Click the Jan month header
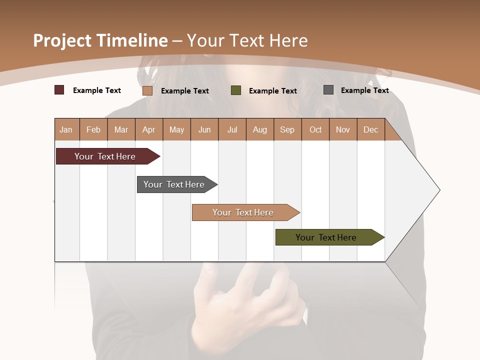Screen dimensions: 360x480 tap(66, 129)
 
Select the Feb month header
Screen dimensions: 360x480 tap(93, 129)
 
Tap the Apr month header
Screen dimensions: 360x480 tap(148, 129)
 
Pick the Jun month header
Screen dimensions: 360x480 tap(204, 129)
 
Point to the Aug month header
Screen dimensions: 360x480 tap(259, 129)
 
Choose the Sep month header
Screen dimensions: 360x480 tap(287, 129)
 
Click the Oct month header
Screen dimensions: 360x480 tap(315, 129)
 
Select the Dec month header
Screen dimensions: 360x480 tap(370, 129)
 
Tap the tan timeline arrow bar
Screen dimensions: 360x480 tap(243, 212)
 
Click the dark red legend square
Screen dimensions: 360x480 tap(59, 90)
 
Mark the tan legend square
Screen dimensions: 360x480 tap(147, 90)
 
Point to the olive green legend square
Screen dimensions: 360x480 tap(235, 90)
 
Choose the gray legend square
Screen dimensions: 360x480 tap(328, 90)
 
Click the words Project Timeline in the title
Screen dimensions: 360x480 tap(100, 40)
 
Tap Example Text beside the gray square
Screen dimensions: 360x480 tap(364, 90)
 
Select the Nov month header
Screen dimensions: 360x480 tap(342, 129)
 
